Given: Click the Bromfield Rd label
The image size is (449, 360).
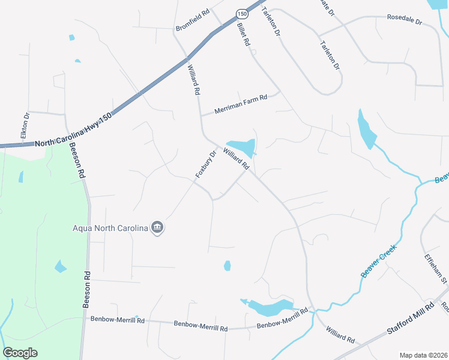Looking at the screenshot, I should coord(192,28).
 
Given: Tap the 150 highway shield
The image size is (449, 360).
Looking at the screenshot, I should coord(241,13).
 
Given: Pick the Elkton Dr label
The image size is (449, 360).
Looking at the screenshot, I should coord(25,126).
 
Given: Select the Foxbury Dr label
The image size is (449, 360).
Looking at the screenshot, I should coord(205,163).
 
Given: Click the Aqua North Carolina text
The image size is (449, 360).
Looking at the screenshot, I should coord(110,228).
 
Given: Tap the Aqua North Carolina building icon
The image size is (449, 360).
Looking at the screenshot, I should coord(157,228).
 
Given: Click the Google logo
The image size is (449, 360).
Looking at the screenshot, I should coord(20,353).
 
